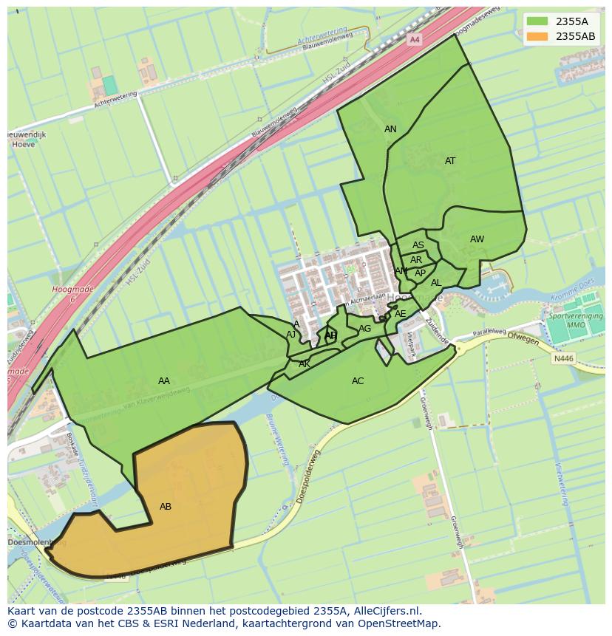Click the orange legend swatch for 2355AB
click(537, 36)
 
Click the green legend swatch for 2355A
click(537, 21)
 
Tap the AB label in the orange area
click(166, 507)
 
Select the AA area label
click(164, 381)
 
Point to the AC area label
click(358, 381)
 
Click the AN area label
click(390, 129)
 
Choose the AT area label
click(450, 161)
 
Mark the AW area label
click(477, 239)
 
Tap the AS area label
click(418, 245)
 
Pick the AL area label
click(436, 283)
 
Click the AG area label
click(365, 329)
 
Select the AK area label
click(305, 364)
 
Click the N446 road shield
click(563, 359)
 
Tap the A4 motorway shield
click(415, 39)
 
